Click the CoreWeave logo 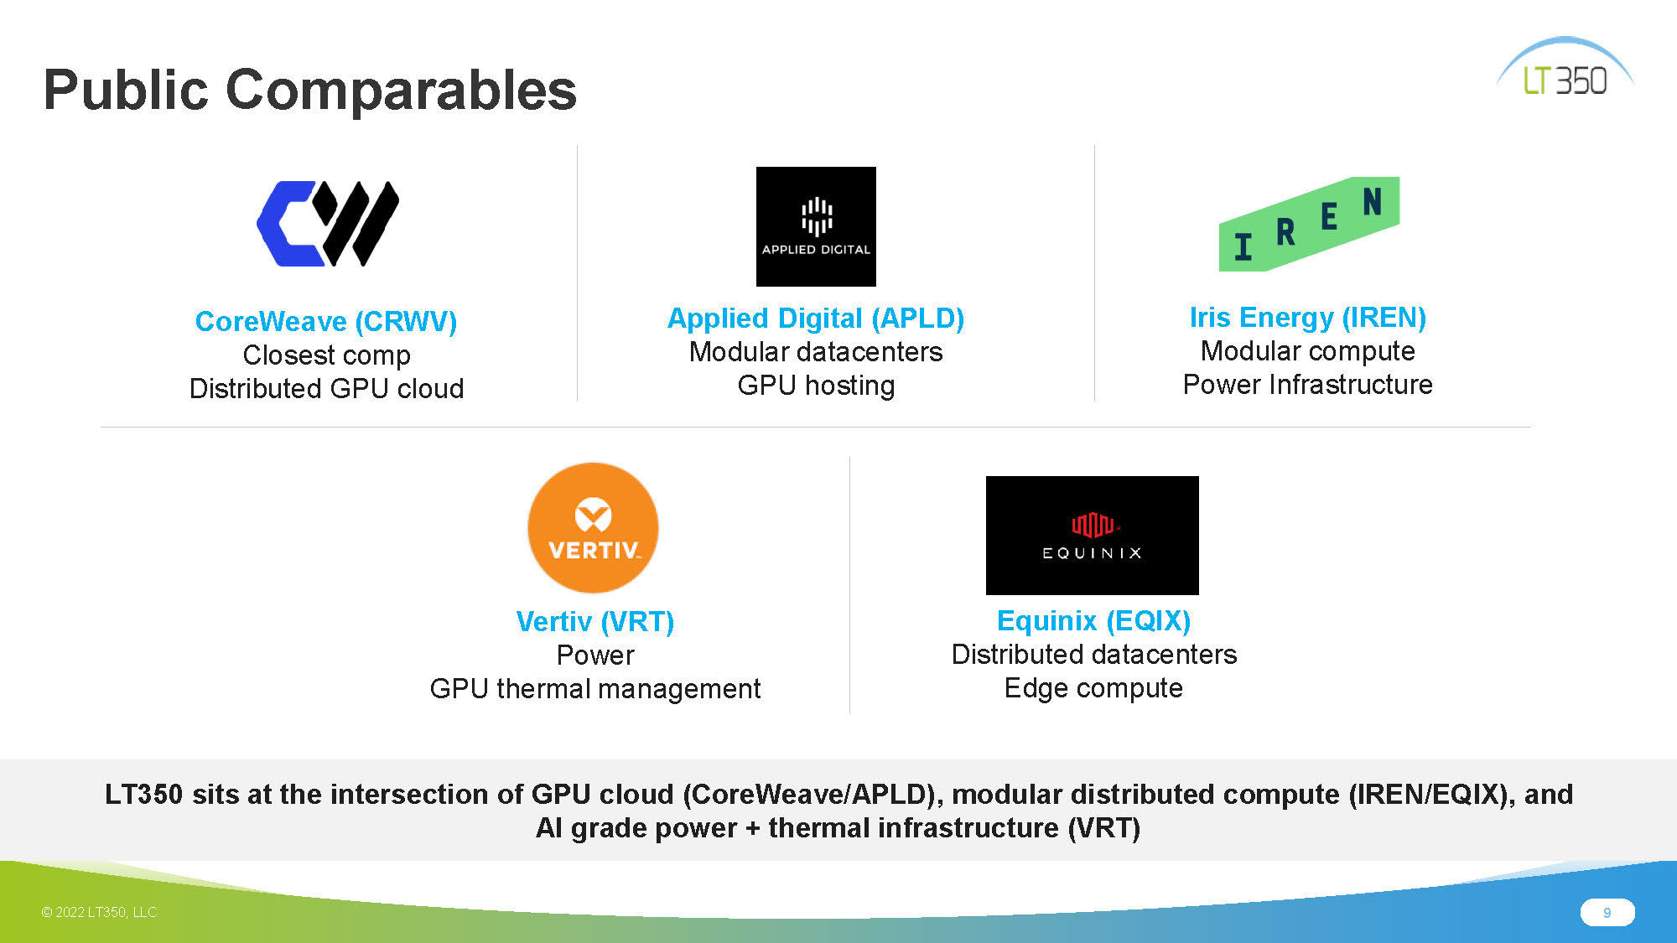328,224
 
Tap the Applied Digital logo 816,226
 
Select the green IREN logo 1309,224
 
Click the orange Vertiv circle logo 593,528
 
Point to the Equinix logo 1093,536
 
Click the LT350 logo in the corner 1565,67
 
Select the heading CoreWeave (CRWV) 326,321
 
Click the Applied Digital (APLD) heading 816,319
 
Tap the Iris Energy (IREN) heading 1308,318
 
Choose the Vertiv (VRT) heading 595,622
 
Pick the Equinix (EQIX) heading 1093,621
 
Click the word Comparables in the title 402,90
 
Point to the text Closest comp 327,355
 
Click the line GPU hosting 816,386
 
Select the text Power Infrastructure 1308,385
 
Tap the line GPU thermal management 595,689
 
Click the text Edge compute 1093,688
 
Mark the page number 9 1607,913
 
